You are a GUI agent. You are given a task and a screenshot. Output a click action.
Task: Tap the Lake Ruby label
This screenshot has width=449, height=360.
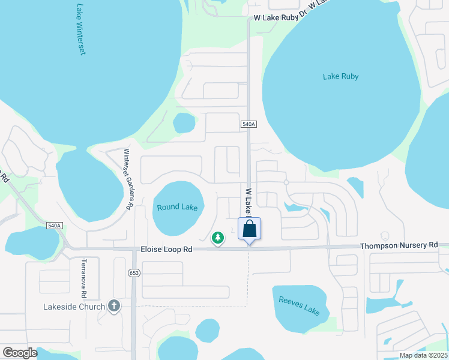[x=340, y=76]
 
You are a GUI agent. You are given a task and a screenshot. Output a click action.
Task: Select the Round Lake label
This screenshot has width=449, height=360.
[x=177, y=208]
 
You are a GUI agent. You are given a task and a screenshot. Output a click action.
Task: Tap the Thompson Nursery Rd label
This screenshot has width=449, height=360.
[x=399, y=245]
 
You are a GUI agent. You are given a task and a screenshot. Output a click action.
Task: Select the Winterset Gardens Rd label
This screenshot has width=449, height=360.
[x=127, y=179]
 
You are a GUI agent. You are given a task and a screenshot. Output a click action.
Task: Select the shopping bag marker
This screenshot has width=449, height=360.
[x=250, y=229]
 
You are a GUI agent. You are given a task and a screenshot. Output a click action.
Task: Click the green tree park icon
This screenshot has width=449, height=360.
[x=218, y=238]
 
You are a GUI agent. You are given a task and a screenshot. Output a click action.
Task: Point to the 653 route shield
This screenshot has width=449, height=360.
[x=133, y=273]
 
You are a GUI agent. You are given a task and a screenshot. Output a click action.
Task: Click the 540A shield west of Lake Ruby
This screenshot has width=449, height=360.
[x=249, y=124]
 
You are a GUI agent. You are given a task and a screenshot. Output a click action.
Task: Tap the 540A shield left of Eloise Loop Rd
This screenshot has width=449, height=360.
[x=55, y=225]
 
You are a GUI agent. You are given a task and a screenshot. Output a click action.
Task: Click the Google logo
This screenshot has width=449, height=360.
[x=20, y=353]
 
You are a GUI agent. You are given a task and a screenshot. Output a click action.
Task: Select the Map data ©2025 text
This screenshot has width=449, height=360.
[x=423, y=355]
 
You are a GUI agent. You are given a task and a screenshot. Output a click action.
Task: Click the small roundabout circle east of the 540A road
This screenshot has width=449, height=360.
[x=286, y=182]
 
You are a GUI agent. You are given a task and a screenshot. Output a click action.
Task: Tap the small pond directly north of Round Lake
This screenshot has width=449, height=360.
[x=184, y=124]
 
